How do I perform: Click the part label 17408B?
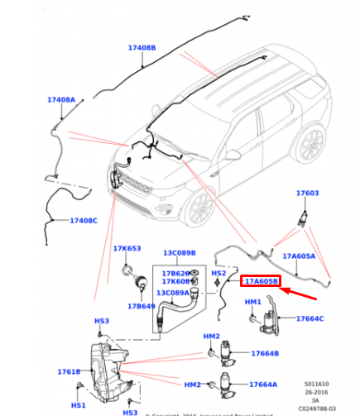[x=142, y=48]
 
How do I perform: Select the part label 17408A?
[x=61, y=99]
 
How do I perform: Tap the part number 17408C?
[x=84, y=221]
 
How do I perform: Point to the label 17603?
[x=307, y=193]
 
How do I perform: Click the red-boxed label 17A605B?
[x=261, y=282]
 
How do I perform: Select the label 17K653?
[x=127, y=248]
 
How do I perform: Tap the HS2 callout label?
[x=218, y=273]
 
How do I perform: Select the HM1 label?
[x=253, y=304]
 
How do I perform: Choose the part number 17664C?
[x=310, y=318]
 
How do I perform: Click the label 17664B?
[x=265, y=354]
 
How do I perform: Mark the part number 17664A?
[x=264, y=385]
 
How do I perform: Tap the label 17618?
[x=69, y=372]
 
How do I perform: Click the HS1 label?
[x=78, y=405]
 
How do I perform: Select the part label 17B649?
[x=141, y=306]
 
